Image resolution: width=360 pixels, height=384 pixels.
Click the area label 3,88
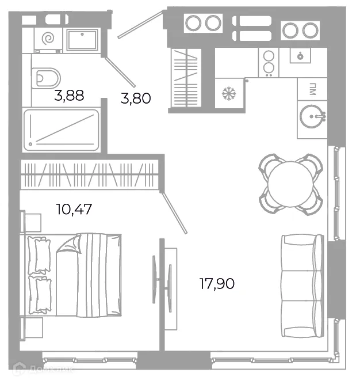69,95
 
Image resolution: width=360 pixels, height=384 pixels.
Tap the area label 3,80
136,98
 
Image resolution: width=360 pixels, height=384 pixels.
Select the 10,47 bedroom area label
74,208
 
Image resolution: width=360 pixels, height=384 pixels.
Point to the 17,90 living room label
217,283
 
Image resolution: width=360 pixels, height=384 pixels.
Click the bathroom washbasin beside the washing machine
84,40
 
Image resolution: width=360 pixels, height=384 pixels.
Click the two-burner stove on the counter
268,62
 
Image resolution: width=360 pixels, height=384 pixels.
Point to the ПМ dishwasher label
312,89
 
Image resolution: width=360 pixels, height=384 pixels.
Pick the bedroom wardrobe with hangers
90,173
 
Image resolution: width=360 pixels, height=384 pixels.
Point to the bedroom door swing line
175,213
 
